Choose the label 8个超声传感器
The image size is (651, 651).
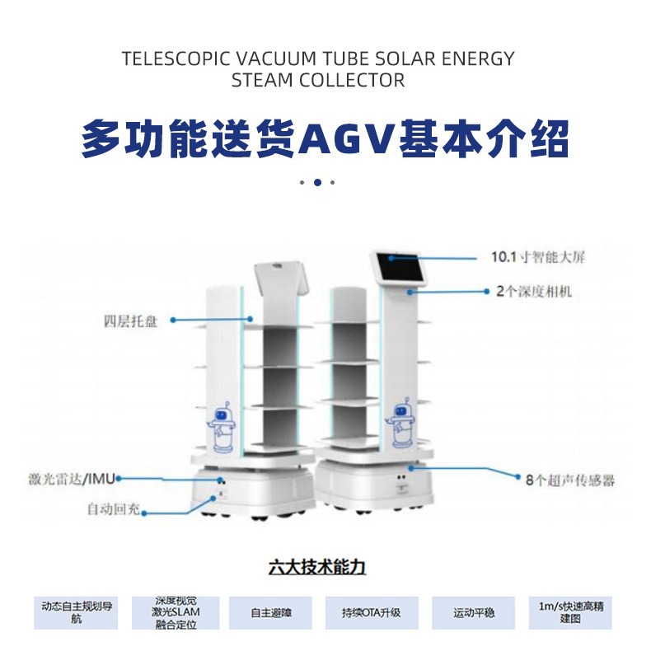point(570,479)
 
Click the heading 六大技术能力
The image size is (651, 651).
point(316,567)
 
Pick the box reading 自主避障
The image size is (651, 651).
point(270,613)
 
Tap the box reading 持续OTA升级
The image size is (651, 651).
point(372,613)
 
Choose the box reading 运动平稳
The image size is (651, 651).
point(473,613)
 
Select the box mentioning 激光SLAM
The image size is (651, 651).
point(175,612)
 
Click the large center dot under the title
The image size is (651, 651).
point(317,182)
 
